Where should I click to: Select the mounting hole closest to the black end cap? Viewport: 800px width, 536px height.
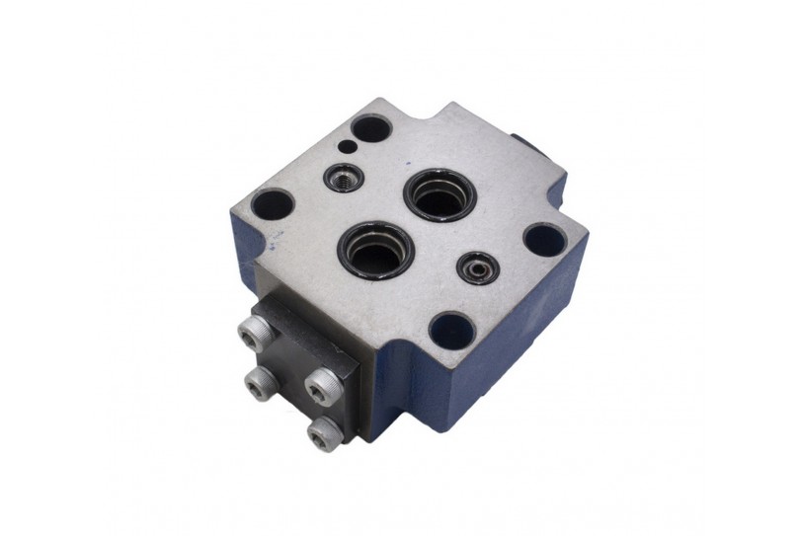click(x=272, y=205)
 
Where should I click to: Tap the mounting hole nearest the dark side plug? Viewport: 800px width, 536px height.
click(x=544, y=239)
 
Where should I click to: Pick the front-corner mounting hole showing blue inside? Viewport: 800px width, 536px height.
click(x=450, y=329)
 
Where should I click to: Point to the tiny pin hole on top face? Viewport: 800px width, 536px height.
click(x=346, y=148)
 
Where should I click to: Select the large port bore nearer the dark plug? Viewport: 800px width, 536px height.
click(x=438, y=195)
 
